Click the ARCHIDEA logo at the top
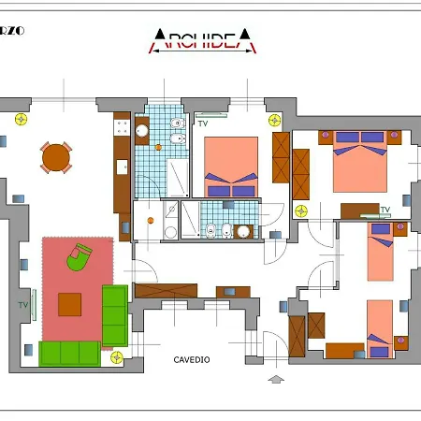tap(203, 38)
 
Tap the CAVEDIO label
tap(192, 359)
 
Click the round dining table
tap(56, 157)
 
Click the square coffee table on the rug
tap(70, 305)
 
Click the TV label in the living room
tap(22, 305)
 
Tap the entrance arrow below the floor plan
tap(275, 379)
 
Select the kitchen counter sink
tap(122, 167)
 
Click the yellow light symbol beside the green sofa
tap(116, 356)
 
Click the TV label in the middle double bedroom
tap(203, 123)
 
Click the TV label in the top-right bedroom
tap(385, 210)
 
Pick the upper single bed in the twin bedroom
tap(381, 253)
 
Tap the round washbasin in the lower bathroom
tap(242, 231)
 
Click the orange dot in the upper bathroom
tap(147, 150)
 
